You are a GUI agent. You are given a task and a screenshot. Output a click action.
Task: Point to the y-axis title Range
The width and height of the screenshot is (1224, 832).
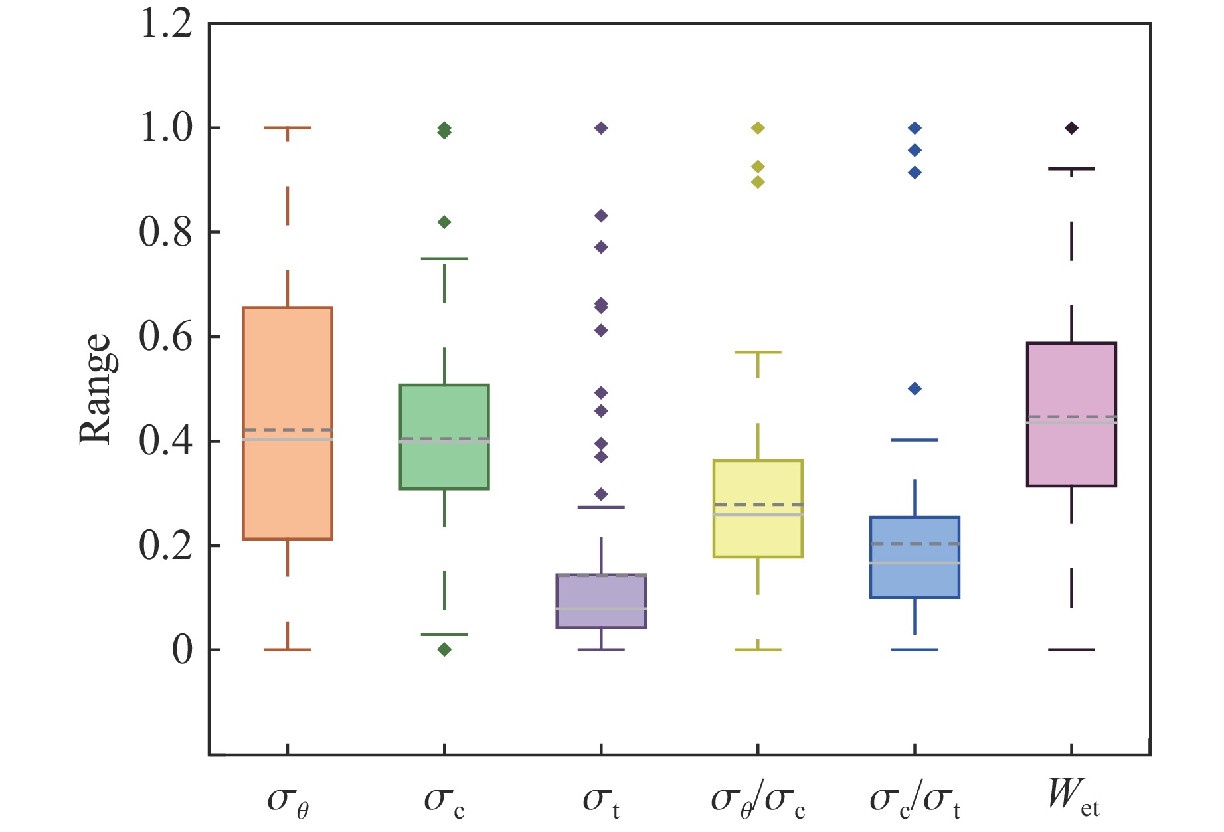click(x=94, y=388)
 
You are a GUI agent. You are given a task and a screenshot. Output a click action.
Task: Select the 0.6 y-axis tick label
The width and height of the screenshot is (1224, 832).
click(x=167, y=337)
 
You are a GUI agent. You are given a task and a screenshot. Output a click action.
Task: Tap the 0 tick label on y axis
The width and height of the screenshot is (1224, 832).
click(x=182, y=651)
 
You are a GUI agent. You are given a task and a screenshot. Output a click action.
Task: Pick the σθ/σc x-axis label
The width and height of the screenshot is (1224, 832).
click(x=758, y=800)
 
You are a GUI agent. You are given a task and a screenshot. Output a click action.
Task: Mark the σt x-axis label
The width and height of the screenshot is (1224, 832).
click(x=601, y=800)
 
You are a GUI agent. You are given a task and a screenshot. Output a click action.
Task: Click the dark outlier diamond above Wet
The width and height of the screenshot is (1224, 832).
click(x=1071, y=128)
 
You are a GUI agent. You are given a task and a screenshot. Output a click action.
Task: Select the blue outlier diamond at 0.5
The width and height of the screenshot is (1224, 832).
click(x=915, y=389)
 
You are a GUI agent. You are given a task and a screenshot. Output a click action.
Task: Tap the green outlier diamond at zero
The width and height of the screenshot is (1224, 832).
click(x=444, y=649)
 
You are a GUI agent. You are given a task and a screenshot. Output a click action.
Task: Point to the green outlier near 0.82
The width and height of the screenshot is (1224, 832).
click(x=444, y=222)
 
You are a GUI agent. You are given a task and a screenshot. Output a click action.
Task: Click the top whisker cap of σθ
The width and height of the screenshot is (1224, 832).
click(x=288, y=127)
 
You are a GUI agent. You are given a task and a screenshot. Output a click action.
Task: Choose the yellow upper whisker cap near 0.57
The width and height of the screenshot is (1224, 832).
click(x=758, y=352)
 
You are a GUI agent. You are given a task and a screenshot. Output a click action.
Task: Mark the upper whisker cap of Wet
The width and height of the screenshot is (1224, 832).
click(x=1071, y=169)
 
